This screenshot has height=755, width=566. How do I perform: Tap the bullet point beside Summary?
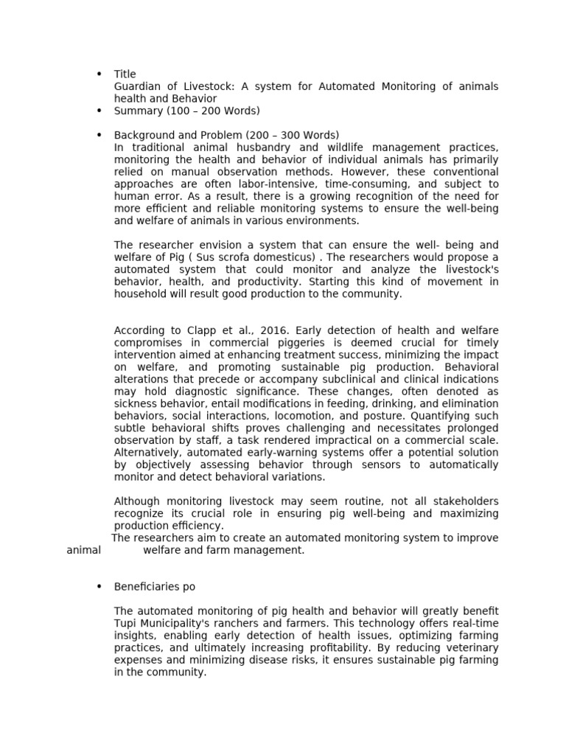[99, 111]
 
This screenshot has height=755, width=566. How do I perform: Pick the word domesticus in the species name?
[288, 257]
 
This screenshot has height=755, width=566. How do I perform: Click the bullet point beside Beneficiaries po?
[99, 586]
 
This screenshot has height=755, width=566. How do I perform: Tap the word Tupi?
[126, 623]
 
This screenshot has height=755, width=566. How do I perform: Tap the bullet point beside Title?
[99, 74]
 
